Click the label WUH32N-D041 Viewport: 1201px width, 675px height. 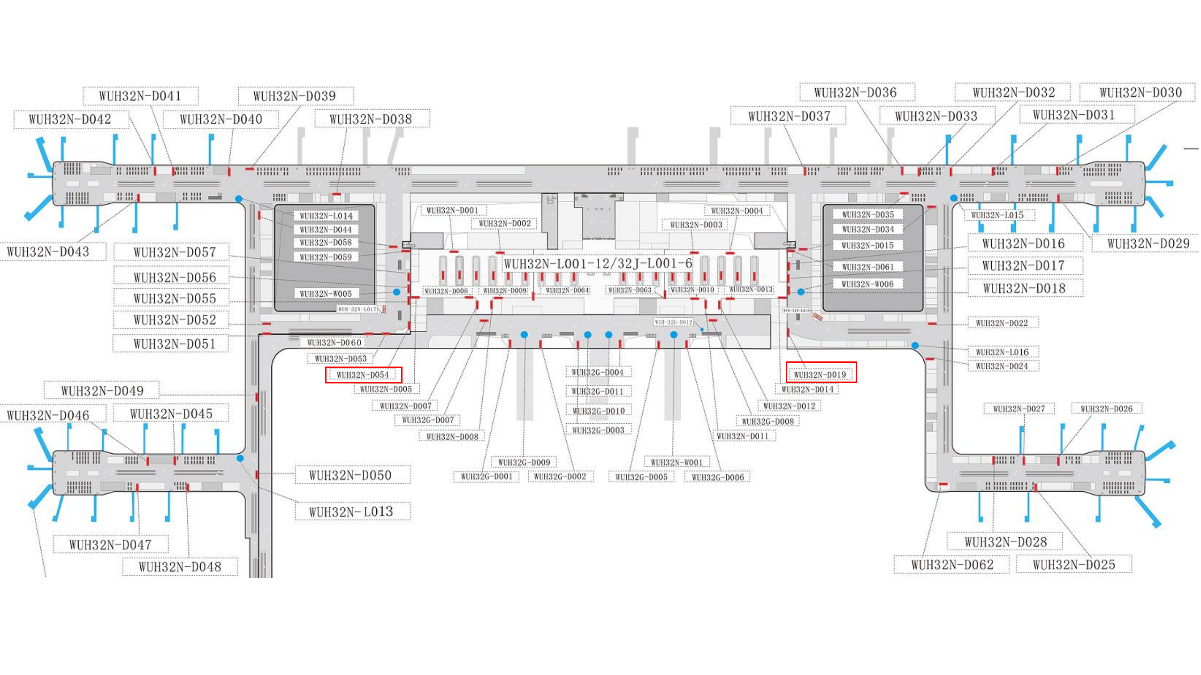140,96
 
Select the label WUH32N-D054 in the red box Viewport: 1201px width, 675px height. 363,375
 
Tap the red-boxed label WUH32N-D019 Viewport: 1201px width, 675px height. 821,375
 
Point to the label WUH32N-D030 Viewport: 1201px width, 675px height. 1140,93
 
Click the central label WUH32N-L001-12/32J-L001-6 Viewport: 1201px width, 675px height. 598,264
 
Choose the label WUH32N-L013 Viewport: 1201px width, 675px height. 351,512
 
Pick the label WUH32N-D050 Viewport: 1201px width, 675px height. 350,475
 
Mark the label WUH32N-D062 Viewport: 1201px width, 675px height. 952,565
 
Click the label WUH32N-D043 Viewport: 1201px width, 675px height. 48,252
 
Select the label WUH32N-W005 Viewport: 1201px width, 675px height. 326,294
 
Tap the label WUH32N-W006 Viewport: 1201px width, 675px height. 867,284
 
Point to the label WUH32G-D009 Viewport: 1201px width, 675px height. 524,463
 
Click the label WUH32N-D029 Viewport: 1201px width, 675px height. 1148,244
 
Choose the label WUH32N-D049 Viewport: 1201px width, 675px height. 102,391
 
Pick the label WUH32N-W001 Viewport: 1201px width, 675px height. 677,463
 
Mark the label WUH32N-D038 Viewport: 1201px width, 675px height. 371,120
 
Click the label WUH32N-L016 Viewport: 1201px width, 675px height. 1003,352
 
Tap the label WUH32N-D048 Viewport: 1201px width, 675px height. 180,567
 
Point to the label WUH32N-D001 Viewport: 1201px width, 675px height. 452,210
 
